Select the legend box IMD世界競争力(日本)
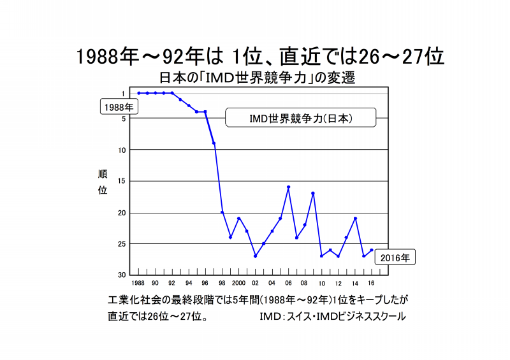(x=300, y=118)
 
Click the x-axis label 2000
(x=238, y=282)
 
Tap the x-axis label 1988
(x=138, y=282)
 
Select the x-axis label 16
(x=372, y=282)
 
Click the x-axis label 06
(x=288, y=282)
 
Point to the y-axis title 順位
(x=103, y=182)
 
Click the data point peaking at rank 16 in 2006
(x=288, y=187)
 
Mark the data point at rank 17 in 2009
(x=313, y=193)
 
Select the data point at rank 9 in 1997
(x=214, y=143)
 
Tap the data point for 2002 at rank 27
(x=255, y=256)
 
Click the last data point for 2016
(x=372, y=250)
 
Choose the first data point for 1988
(x=138, y=93)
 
